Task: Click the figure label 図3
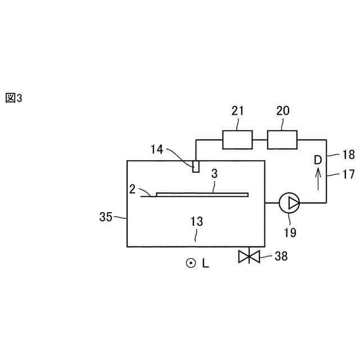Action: (x=13, y=98)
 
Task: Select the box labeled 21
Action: (x=238, y=139)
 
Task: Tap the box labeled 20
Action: (x=282, y=139)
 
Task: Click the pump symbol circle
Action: (x=290, y=202)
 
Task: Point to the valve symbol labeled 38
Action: (x=248, y=256)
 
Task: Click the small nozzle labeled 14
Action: (x=196, y=166)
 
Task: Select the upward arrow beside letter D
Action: (x=318, y=178)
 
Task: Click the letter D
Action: (x=318, y=160)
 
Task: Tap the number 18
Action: (x=348, y=155)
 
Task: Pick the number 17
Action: (x=348, y=174)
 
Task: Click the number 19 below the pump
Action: (x=290, y=231)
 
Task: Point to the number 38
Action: (x=281, y=256)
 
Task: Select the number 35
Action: (x=105, y=217)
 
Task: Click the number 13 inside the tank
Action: (x=196, y=222)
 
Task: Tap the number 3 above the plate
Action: (x=214, y=174)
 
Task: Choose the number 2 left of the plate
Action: (x=132, y=189)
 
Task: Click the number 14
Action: (x=157, y=149)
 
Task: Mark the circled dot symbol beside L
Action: (x=191, y=263)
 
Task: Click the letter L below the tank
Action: (x=205, y=263)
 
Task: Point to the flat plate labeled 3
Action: (x=202, y=195)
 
